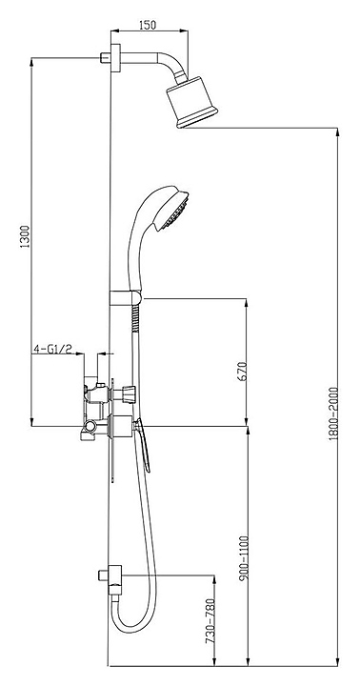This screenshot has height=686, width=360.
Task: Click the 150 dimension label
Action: point(148,25)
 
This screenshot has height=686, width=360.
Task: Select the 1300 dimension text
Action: point(25,236)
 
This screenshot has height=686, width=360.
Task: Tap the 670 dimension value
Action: point(242,371)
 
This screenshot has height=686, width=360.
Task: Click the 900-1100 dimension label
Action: point(243,557)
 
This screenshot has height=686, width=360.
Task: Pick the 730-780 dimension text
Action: point(210,621)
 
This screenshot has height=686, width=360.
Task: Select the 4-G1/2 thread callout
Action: point(52,349)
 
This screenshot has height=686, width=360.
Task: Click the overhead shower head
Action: point(191,102)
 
